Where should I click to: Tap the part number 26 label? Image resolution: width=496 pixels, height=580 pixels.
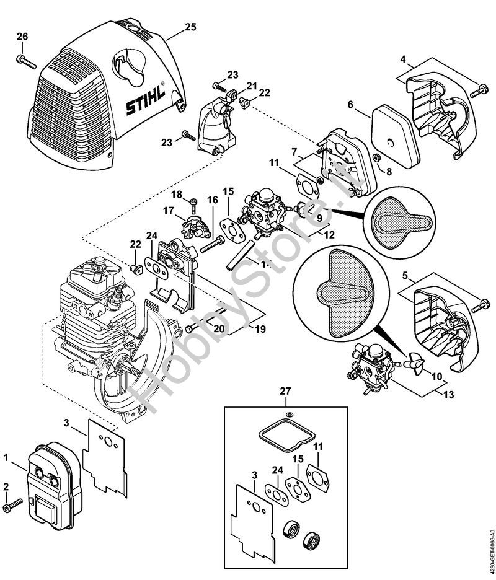(x=22, y=37)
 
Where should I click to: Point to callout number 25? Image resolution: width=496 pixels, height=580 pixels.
(x=190, y=27)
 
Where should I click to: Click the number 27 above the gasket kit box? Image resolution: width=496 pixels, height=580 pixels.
(x=285, y=392)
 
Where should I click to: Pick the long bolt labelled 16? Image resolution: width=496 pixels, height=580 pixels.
(x=211, y=245)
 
